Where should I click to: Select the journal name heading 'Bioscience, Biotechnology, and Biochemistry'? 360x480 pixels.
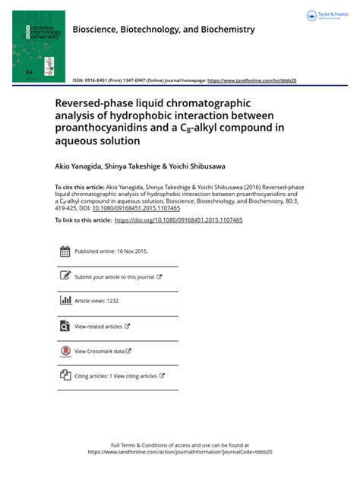click(163, 30)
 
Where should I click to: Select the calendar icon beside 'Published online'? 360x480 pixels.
click(65, 251)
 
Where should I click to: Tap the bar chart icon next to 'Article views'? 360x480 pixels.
click(65, 301)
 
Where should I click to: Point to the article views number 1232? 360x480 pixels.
click(109, 302)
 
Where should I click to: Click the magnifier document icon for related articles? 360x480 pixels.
click(65, 327)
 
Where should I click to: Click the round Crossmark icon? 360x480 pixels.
click(65, 352)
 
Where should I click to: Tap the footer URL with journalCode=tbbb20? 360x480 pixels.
click(180, 451)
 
